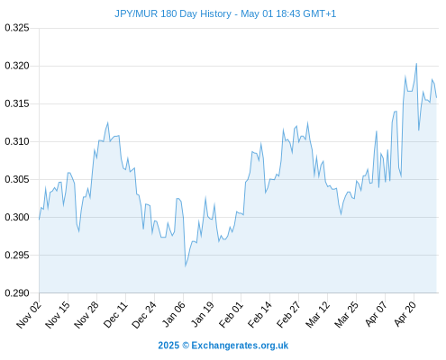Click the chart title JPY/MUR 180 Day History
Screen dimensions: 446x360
tap(173, 14)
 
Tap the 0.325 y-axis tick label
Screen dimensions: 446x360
tap(17, 28)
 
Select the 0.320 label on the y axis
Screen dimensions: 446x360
tap(17, 66)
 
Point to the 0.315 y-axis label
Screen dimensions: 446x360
tap(17, 103)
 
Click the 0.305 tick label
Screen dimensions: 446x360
tap(17, 179)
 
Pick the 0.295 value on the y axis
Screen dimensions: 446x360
tap(17, 255)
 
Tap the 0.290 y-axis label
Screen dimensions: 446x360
tap(17, 292)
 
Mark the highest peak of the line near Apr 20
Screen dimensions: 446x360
tap(416, 64)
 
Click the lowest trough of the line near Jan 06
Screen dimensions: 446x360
tap(186, 266)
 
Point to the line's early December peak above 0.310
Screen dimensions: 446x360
tap(107, 122)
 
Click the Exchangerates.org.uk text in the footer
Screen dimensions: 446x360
tap(240, 346)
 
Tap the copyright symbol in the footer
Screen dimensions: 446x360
tap(186, 346)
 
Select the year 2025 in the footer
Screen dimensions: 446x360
tap(168, 346)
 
